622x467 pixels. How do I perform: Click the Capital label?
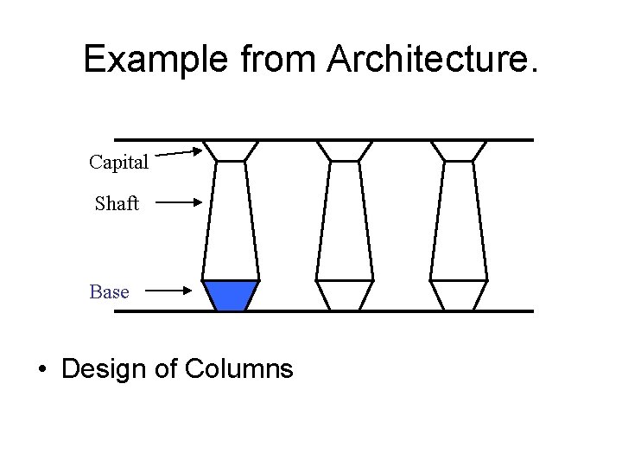pyautogui.click(x=118, y=162)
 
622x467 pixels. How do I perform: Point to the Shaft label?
pyautogui.click(x=117, y=204)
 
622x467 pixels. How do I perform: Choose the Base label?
pyautogui.click(x=109, y=292)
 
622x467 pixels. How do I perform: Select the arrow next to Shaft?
pyautogui.click(x=179, y=203)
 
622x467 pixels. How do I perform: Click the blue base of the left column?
pyautogui.click(x=231, y=294)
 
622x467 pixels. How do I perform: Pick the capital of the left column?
pyautogui.click(x=231, y=150)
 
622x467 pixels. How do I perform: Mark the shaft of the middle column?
pyautogui.click(x=345, y=220)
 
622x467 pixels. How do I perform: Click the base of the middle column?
pyautogui.click(x=345, y=294)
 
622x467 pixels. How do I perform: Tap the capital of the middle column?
pyautogui.click(x=345, y=150)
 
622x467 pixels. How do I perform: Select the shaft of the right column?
pyautogui.click(x=459, y=220)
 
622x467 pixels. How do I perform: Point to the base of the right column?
pyautogui.click(x=459, y=294)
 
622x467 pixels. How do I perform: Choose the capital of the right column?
pyautogui.click(x=459, y=150)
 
